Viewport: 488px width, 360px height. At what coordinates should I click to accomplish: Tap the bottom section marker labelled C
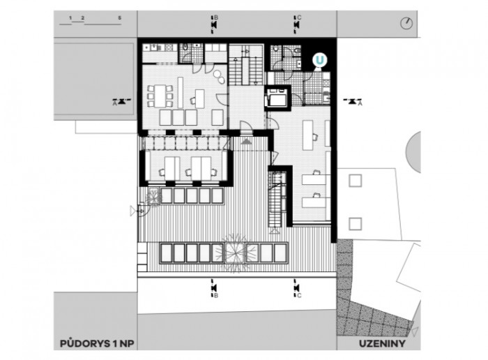click(x=297, y=289)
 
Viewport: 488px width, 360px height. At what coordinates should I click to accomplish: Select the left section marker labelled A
click(x=121, y=102)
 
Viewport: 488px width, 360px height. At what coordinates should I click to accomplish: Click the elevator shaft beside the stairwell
click(x=280, y=98)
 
